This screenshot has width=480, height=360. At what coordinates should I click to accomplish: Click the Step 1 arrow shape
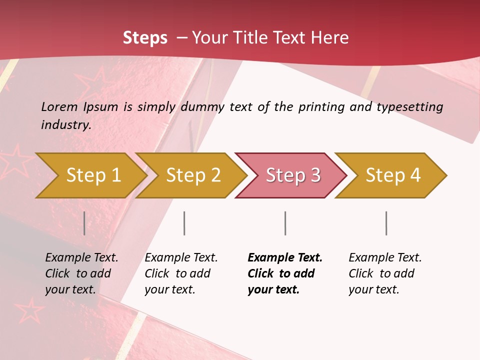(93, 175)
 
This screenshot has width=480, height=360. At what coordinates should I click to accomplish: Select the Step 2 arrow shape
(193, 175)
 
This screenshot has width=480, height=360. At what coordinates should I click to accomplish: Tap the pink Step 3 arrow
(293, 175)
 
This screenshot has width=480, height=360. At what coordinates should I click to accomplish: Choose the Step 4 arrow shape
(393, 175)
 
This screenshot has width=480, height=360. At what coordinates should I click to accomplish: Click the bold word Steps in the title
(145, 38)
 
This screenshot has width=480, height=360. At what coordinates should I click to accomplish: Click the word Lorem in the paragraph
(59, 106)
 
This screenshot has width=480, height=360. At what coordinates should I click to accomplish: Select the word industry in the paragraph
(65, 124)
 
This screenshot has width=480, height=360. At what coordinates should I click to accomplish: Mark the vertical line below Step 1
(84, 223)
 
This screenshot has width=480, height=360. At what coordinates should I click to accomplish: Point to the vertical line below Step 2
(184, 223)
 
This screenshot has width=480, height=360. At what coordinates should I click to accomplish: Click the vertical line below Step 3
(285, 223)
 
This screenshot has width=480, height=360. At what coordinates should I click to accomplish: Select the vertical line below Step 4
(386, 223)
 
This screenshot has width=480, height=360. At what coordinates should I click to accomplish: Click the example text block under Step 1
(81, 273)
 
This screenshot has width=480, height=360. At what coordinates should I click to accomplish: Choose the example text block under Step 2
(181, 273)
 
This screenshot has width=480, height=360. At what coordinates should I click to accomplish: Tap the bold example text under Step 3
(285, 273)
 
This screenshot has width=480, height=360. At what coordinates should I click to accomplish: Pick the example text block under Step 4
(385, 273)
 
